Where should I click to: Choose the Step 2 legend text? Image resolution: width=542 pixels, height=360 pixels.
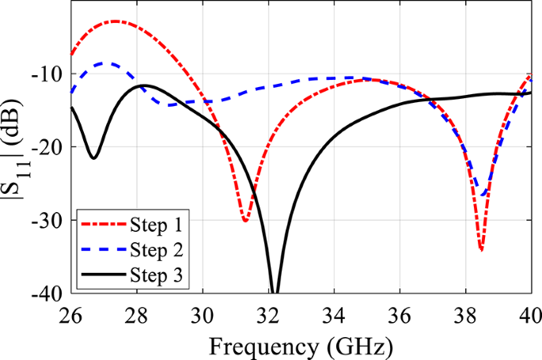(x=157, y=252)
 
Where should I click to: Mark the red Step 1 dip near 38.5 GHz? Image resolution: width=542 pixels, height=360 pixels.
(x=481, y=249)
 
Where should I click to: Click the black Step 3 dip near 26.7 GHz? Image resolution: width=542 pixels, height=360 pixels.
(x=93, y=157)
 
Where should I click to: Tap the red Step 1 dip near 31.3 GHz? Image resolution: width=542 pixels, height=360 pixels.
(x=245, y=221)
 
